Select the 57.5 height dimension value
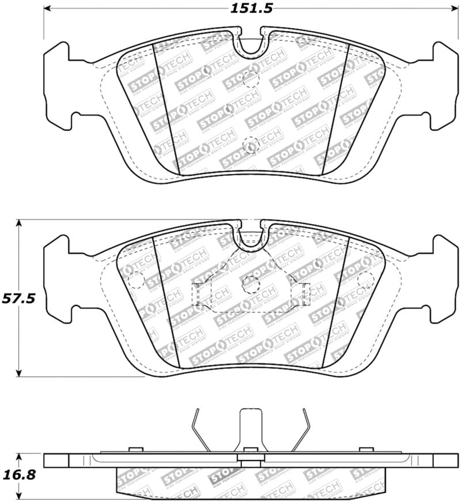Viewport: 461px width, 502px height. click(x=19, y=299)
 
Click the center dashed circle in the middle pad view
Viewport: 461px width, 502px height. click(x=251, y=284)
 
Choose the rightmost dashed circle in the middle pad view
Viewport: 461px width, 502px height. click(x=365, y=280)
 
